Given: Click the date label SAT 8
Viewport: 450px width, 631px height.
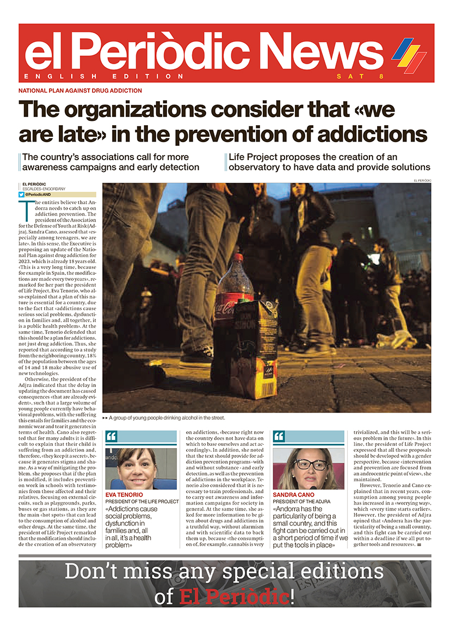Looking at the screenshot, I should [360, 76].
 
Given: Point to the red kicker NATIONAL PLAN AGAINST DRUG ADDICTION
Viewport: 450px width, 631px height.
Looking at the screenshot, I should [80, 90].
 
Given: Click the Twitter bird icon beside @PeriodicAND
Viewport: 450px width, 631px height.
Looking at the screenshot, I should [21, 194].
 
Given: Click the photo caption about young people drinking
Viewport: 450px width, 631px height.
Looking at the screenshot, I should [167, 418].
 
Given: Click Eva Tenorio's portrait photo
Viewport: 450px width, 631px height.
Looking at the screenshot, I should [141, 468].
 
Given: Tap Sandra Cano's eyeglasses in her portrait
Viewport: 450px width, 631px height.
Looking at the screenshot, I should [310, 465].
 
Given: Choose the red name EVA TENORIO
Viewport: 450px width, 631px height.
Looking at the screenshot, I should [124, 494].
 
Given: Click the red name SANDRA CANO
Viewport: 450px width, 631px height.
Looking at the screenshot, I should [294, 494].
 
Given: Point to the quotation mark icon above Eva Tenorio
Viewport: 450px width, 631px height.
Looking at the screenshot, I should [112, 437].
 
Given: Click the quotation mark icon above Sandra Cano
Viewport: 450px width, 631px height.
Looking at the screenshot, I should [279, 437].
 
